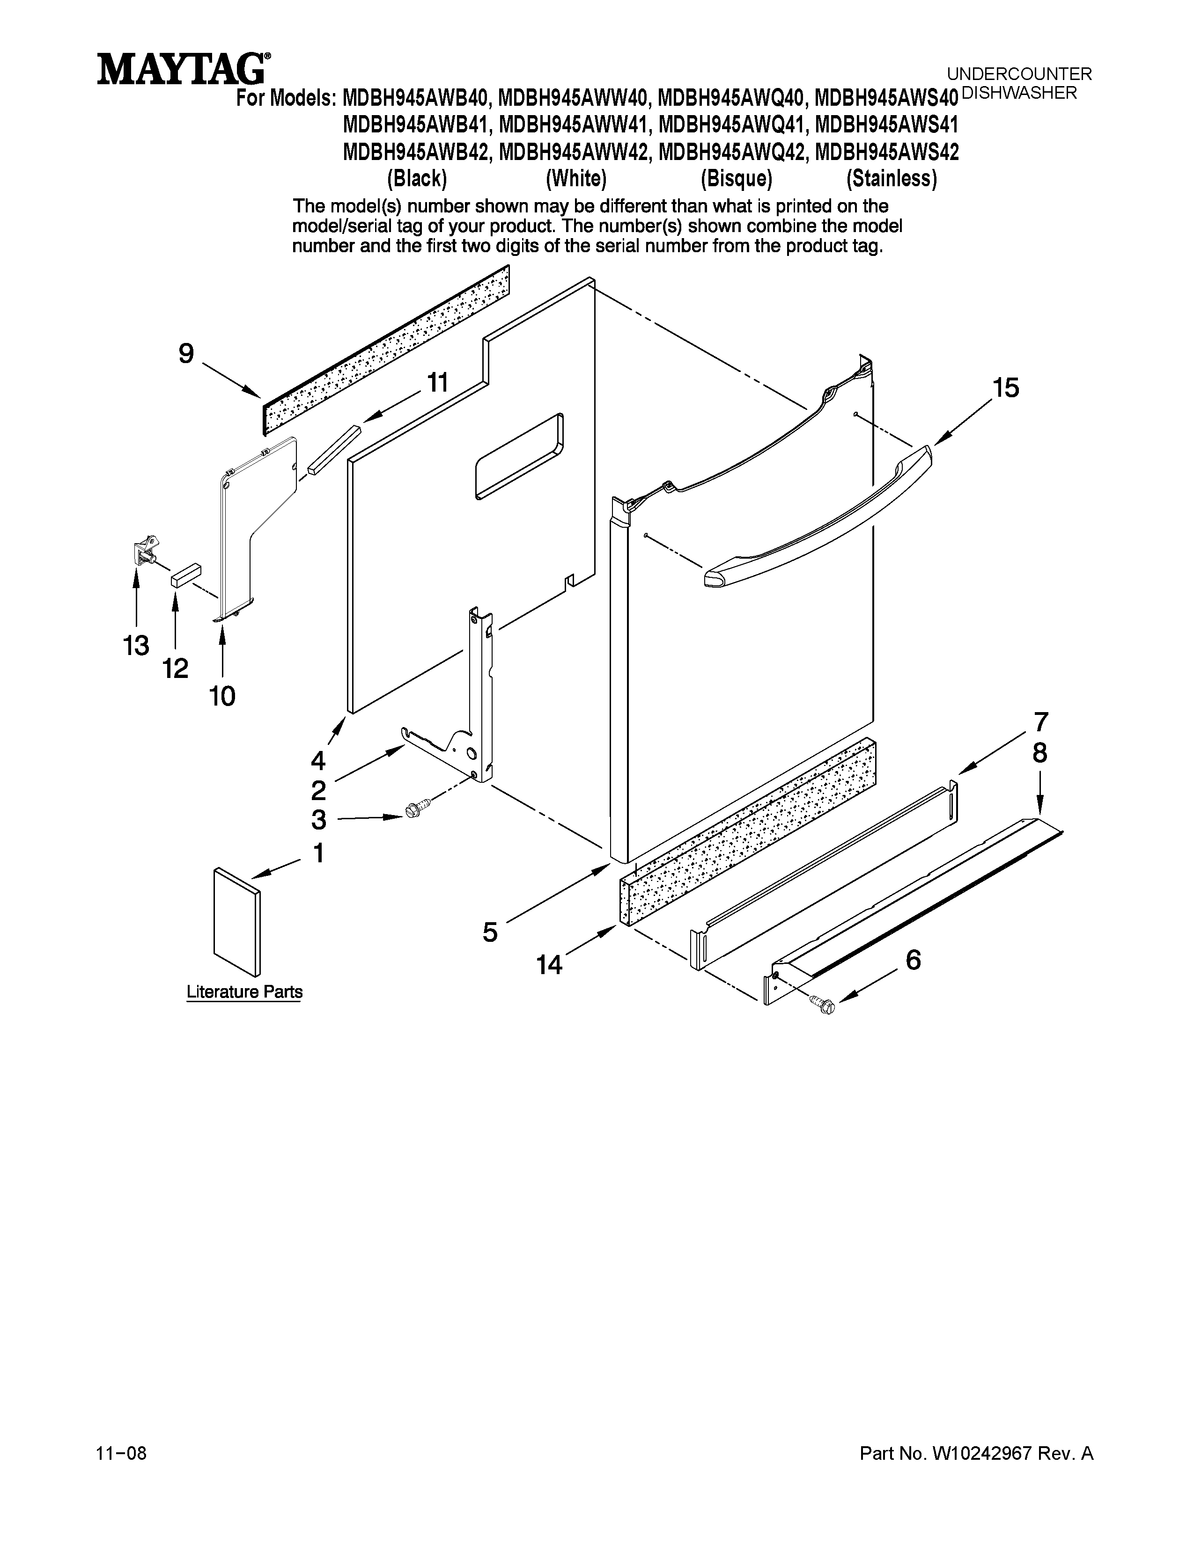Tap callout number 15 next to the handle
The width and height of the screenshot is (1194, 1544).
(x=1005, y=388)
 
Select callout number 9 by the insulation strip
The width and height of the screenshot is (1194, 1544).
(x=186, y=353)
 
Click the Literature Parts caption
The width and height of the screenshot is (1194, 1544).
(x=244, y=992)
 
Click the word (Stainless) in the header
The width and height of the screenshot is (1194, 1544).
(x=891, y=179)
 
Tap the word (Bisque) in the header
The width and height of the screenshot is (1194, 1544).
(x=736, y=179)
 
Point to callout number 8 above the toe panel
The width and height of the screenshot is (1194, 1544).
(x=1039, y=754)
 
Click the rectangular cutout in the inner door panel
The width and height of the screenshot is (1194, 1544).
(x=520, y=458)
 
